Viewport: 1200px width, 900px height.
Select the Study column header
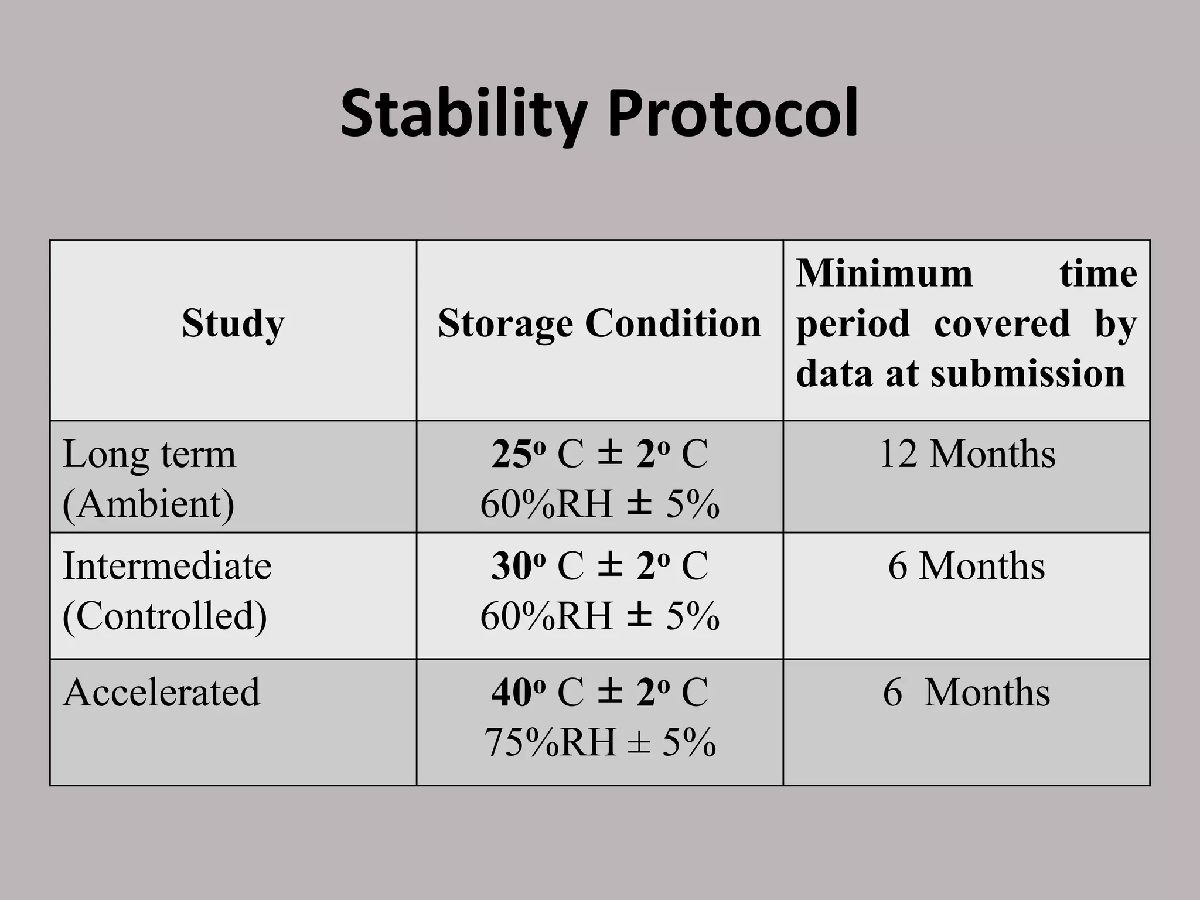(x=233, y=323)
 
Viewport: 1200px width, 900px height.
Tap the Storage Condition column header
(x=599, y=323)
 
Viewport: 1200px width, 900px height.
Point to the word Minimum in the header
(x=884, y=273)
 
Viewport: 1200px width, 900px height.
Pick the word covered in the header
(x=1002, y=323)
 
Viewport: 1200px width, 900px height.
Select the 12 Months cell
(x=967, y=454)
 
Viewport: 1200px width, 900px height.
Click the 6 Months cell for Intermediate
(x=967, y=566)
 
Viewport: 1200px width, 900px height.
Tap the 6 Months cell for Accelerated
(x=967, y=693)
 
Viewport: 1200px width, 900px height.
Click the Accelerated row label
(x=161, y=693)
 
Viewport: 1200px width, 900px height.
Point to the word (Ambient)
(x=148, y=504)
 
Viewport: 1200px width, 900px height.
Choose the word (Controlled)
(x=165, y=616)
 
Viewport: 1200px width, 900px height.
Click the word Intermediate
(x=167, y=566)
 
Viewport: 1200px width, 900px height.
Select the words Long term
(x=149, y=454)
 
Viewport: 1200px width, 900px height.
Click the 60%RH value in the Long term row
(x=546, y=504)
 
